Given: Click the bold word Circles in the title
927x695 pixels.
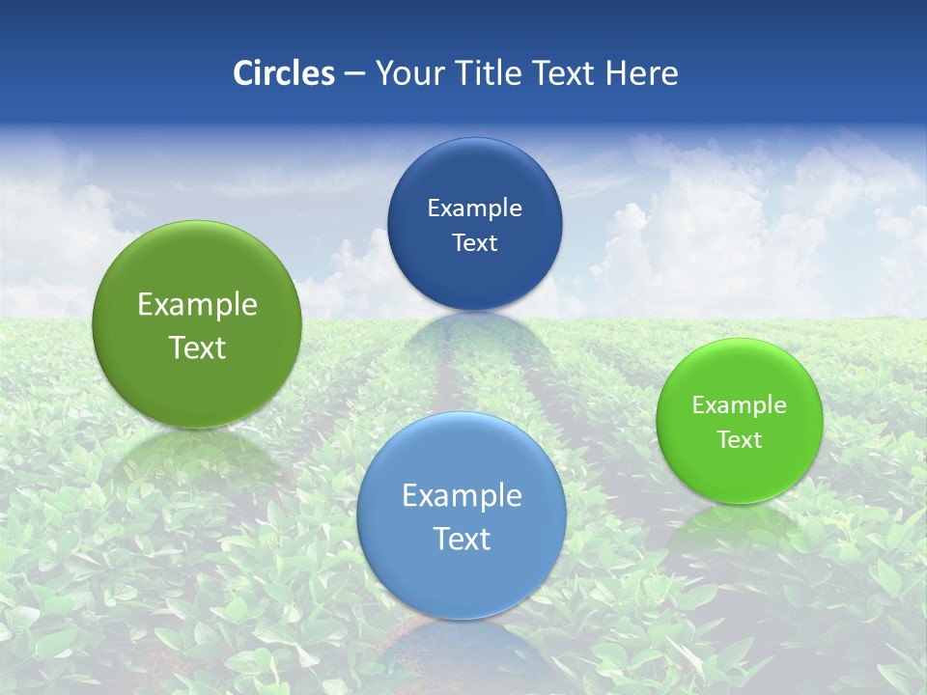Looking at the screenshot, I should tap(284, 73).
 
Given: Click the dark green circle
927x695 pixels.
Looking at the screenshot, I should tap(197, 324).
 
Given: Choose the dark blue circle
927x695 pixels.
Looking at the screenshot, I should tap(474, 224).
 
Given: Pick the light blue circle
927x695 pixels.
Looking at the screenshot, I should tap(462, 515).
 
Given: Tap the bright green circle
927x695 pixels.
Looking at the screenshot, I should tap(739, 421).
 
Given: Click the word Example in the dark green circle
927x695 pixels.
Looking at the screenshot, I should tap(197, 305).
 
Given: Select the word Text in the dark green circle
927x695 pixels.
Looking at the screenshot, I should tap(197, 347).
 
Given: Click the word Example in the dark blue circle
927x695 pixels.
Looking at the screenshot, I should tap(474, 208).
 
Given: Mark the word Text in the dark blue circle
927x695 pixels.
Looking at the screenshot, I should tap(474, 242).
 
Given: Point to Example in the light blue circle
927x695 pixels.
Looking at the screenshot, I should tap(462, 495).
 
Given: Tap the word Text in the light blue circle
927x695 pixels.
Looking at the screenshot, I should tap(462, 539).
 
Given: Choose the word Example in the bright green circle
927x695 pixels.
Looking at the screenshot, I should tap(739, 404).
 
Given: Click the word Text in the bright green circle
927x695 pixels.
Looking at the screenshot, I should tap(739, 439).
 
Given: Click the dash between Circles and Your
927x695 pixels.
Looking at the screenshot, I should tap(353, 74).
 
